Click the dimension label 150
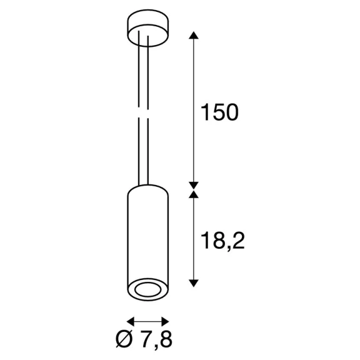pyautogui.click(x=219, y=112)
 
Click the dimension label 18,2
pyautogui.click(x=222, y=241)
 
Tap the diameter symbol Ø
pyautogui.click(x=124, y=340)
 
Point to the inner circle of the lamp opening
pyautogui.click(x=148, y=290)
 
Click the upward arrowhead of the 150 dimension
pyautogui.click(x=194, y=35)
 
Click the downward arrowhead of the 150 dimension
pyautogui.click(x=194, y=185)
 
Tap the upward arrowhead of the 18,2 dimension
pyautogui.click(x=194, y=194)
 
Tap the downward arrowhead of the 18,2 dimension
pyautogui.click(x=194, y=283)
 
